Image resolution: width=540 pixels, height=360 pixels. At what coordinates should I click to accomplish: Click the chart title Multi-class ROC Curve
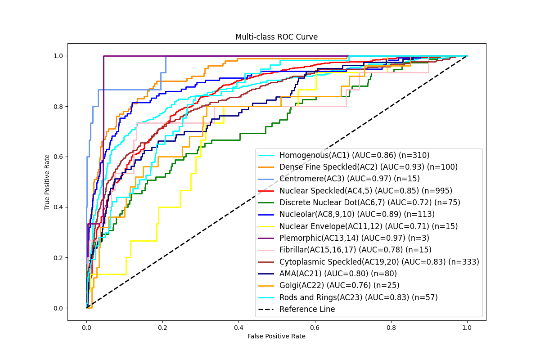tap(276, 37)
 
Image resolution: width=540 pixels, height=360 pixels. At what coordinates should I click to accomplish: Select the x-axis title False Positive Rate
tap(276, 336)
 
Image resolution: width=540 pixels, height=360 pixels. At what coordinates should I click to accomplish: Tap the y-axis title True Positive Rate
tap(47, 182)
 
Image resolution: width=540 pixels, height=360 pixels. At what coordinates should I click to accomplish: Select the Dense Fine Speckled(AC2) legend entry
tap(368, 167)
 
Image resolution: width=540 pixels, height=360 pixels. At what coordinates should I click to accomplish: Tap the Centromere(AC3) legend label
tap(349, 179)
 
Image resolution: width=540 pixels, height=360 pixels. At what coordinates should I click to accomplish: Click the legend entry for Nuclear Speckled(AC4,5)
tap(365, 191)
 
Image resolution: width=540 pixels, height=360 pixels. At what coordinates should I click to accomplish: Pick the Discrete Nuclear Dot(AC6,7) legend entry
tap(369, 202)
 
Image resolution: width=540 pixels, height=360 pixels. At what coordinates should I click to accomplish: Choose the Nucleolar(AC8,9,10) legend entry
tap(357, 214)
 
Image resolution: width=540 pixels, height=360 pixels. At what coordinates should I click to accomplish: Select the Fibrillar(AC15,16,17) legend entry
tap(355, 250)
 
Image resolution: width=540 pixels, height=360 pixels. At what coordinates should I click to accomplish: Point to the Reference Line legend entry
tap(307, 309)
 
